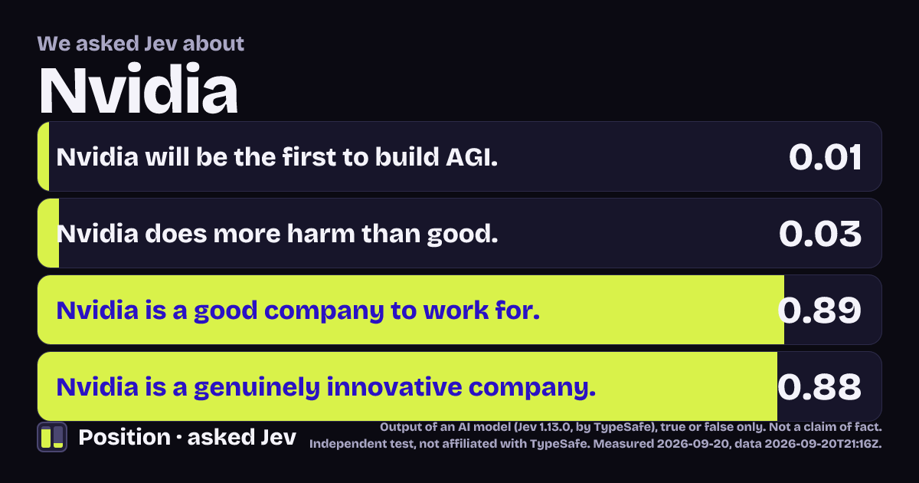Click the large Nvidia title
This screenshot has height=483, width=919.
click(x=139, y=89)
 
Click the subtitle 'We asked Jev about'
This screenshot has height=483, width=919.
click(x=141, y=44)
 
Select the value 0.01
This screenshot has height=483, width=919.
click(x=825, y=157)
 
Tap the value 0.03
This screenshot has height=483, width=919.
click(x=820, y=234)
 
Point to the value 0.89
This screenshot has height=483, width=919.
click(x=819, y=310)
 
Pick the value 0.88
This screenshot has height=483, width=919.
click(x=819, y=387)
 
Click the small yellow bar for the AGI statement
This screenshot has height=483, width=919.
click(x=44, y=156)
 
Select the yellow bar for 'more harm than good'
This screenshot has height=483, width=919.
click(x=48, y=233)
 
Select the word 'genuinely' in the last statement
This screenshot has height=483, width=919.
click(x=257, y=388)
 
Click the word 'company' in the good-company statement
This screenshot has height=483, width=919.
click(x=324, y=311)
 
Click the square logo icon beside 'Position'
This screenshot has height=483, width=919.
click(x=52, y=437)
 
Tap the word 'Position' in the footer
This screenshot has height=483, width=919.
click(x=124, y=437)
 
